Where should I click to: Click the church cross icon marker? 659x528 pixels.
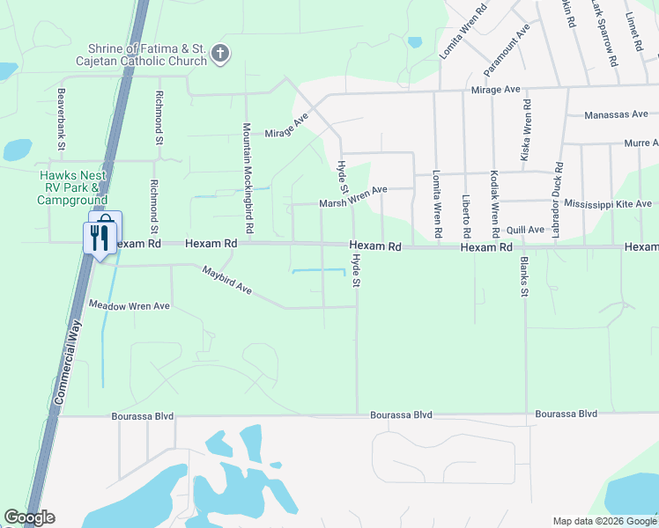click(x=220, y=55)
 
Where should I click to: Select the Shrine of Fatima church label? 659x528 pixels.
click(x=146, y=55)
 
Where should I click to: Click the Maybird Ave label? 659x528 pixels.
click(x=227, y=280)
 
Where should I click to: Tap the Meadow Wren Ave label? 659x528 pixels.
click(x=130, y=305)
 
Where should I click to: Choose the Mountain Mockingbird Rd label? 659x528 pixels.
click(x=248, y=178)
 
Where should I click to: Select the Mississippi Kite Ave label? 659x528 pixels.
click(x=608, y=204)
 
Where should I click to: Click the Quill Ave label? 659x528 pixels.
click(x=526, y=229)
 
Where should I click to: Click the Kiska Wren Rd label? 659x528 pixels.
click(x=528, y=123)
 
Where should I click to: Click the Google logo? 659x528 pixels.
click(x=29, y=517)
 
